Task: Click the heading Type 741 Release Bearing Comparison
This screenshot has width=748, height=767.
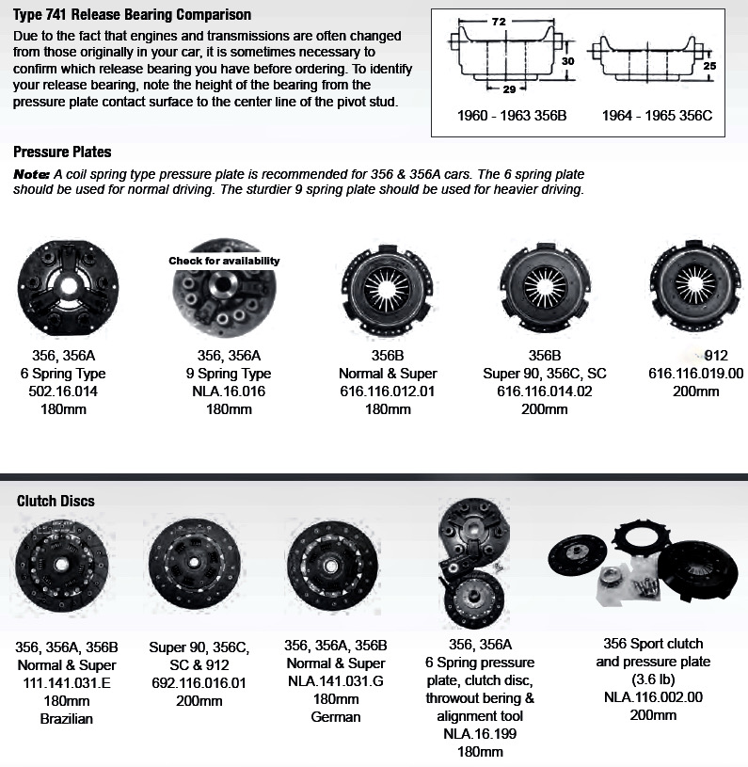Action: (x=132, y=15)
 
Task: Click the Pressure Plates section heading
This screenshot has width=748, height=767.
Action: (x=62, y=152)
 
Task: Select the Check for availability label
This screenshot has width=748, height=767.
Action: (x=224, y=261)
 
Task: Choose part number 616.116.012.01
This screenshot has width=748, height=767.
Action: (x=387, y=390)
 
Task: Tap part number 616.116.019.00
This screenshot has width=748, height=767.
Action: (x=696, y=373)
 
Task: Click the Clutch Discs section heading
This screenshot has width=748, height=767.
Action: (x=56, y=501)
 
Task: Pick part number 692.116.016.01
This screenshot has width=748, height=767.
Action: (x=199, y=682)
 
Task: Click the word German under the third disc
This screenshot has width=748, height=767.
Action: (x=336, y=717)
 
